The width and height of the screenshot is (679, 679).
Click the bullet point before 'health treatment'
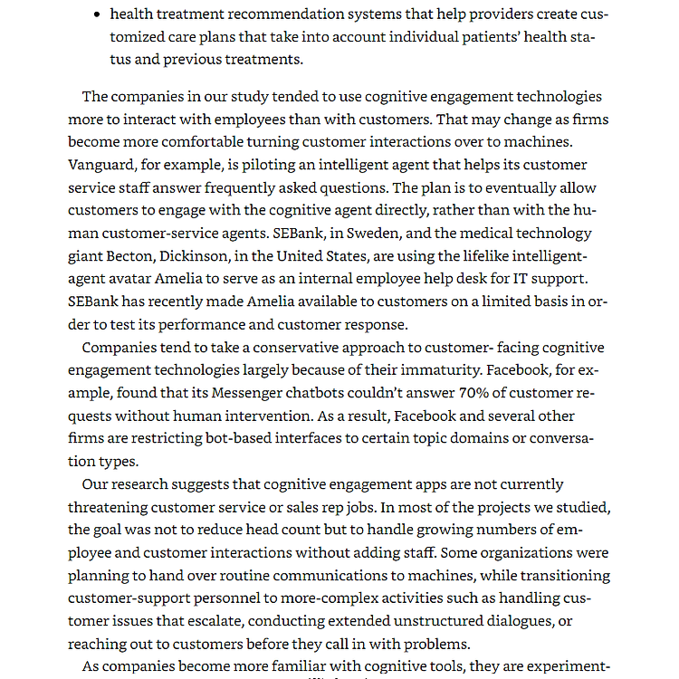[x=97, y=15]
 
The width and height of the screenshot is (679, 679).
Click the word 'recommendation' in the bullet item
[x=277, y=14]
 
